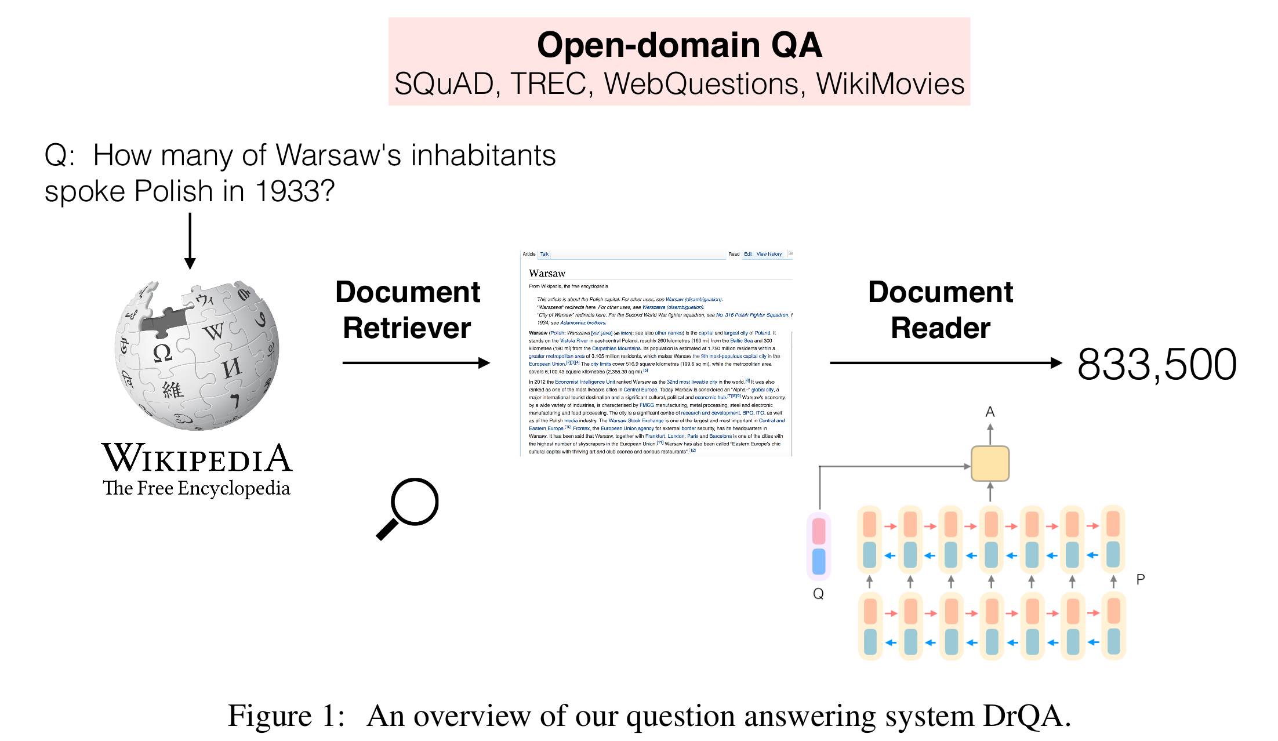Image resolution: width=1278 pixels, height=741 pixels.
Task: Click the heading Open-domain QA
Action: pyautogui.click(x=679, y=45)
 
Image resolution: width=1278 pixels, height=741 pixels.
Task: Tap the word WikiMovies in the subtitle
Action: pyautogui.click(x=890, y=84)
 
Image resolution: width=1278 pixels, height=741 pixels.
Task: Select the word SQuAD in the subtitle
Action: pyautogui.click(x=443, y=84)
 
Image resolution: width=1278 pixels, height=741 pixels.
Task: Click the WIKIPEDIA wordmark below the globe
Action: pyautogui.click(x=197, y=458)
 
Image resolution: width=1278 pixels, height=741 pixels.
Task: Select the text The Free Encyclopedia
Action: pyautogui.click(x=196, y=488)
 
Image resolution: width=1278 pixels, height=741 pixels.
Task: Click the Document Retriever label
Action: pyautogui.click(x=408, y=310)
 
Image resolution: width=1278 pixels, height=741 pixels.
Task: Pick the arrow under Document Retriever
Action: pyautogui.click(x=416, y=363)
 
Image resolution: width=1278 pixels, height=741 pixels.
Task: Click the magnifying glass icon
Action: pyautogui.click(x=408, y=508)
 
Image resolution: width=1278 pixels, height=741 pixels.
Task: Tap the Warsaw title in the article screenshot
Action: pyautogui.click(x=547, y=273)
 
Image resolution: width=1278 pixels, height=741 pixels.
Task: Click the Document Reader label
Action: pyautogui.click(x=940, y=310)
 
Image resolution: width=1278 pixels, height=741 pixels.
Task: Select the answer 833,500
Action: pyautogui.click(x=1157, y=365)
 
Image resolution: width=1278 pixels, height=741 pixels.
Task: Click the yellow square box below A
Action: pyautogui.click(x=990, y=463)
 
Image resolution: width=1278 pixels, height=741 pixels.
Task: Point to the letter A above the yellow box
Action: pyautogui.click(x=990, y=412)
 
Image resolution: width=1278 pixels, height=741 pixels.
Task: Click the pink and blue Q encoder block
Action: pyautogui.click(x=819, y=546)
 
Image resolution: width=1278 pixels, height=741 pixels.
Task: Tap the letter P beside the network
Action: pyautogui.click(x=1140, y=579)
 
